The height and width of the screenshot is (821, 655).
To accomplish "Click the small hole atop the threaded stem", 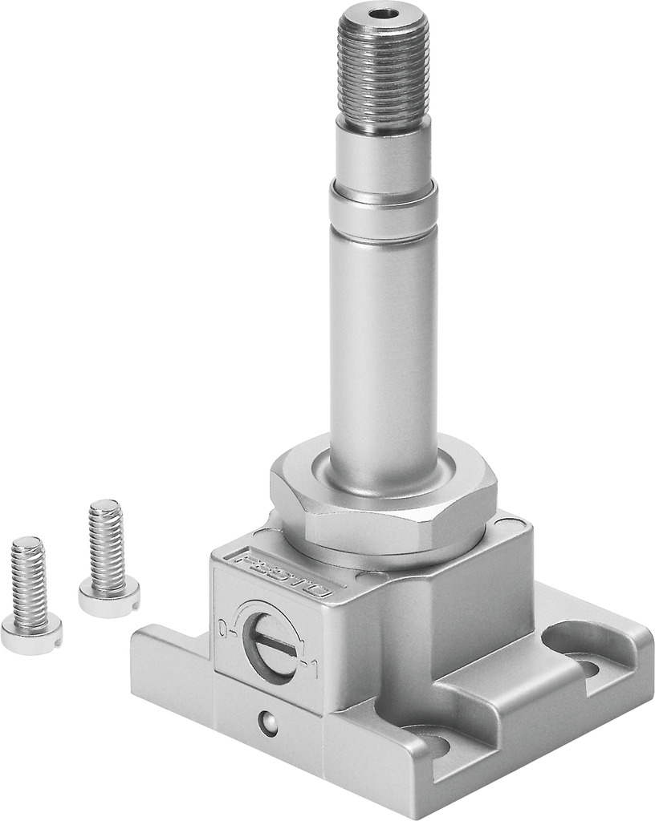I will tap(383, 14).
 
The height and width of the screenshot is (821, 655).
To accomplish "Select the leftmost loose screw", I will tap(30, 593).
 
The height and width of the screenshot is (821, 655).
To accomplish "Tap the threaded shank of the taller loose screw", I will tap(107, 537).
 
